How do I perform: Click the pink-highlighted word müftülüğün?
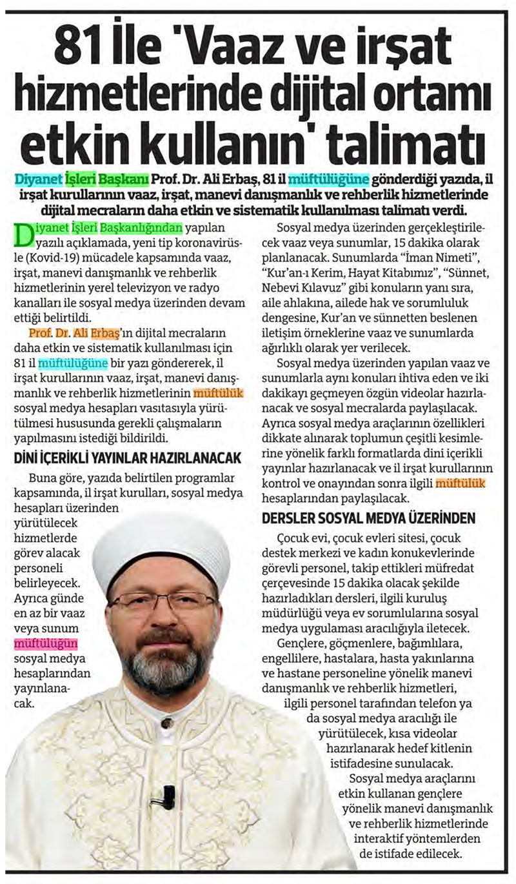coord(46,643)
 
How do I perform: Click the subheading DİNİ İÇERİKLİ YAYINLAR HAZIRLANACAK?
coord(128,458)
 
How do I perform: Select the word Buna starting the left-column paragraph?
coord(43,478)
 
